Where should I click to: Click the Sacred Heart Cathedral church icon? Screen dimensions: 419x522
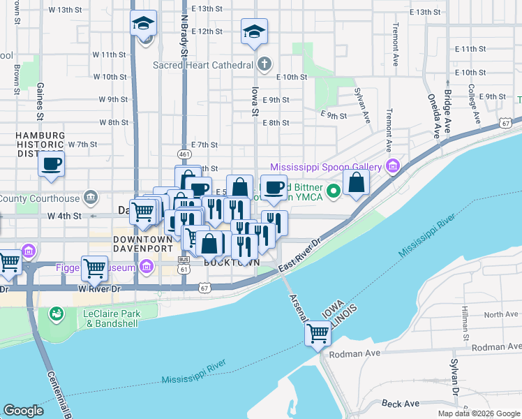pyautogui.click(x=264, y=66)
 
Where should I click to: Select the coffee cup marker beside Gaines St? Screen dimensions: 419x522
pyautogui.click(x=51, y=166)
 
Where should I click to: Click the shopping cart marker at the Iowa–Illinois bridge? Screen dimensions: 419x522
pyautogui.click(x=318, y=334)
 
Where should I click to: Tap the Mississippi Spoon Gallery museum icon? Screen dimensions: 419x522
pyautogui.click(x=393, y=167)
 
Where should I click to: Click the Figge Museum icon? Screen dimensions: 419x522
pyautogui.click(x=146, y=266)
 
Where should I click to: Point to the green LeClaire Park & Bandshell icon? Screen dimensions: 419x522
pyautogui.click(x=55, y=314)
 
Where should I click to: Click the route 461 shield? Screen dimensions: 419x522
pyautogui.click(x=184, y=153)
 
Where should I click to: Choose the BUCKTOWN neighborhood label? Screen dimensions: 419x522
pyautogui.click(x=232, y=262)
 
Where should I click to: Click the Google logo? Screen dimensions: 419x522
pyautogui.click(x=24, y=411)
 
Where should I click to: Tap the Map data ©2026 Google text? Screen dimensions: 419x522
pyautogui.click(x=478, y=413)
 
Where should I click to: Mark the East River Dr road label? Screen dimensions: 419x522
pyautogui.click(x=298, y=257)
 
